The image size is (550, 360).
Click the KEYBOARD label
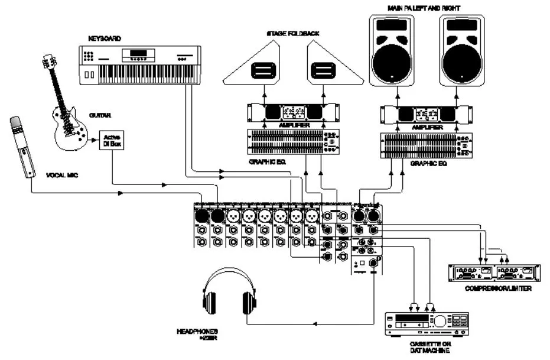(105, 38)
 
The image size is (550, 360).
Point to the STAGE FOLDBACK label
(294, 34)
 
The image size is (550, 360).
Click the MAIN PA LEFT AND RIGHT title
(424, 8)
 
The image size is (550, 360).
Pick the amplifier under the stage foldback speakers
(294, 112)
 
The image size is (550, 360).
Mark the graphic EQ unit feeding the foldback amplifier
(294, 142)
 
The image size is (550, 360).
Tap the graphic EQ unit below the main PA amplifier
(426, 145)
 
